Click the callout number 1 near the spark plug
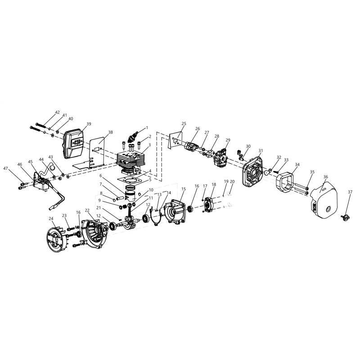pos(147,128)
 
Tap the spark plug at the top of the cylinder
pos(133,137)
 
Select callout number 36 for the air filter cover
pos(325,177)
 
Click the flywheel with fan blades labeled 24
pos(57,238)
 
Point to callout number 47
pos(5,168)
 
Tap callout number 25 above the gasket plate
pos(184,123)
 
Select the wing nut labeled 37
pos(345,217)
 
